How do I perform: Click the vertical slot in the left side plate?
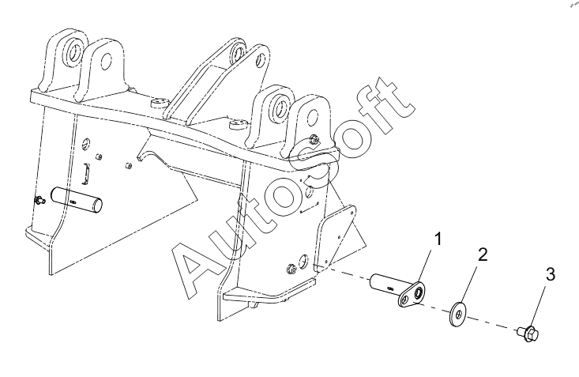click(88, 173)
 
